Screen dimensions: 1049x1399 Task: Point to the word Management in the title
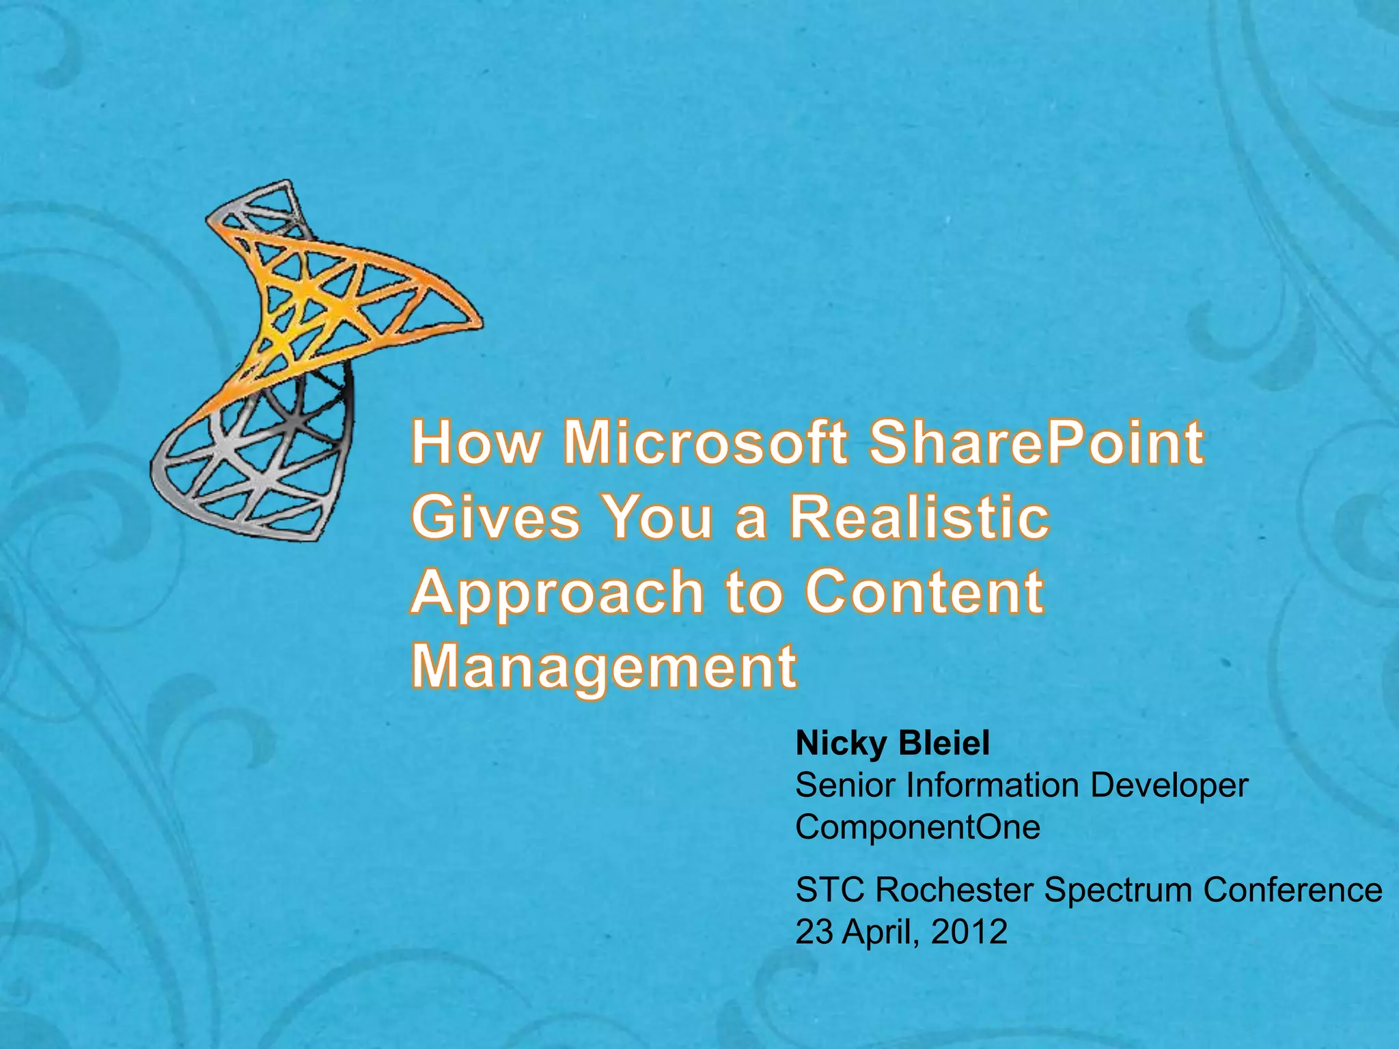coord(604,668)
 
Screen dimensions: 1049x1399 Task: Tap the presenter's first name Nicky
coord(831,744)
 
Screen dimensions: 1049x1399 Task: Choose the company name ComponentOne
coord(917,828)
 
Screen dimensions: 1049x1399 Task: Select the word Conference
coord(1292,891)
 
